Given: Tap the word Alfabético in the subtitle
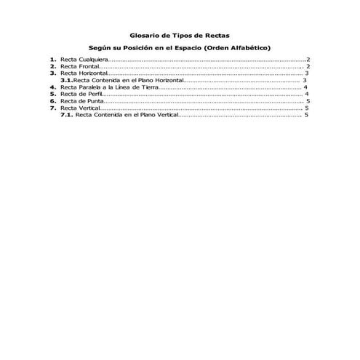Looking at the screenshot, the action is tap(247, 47).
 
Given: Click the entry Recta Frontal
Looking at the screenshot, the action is tap(81, 66).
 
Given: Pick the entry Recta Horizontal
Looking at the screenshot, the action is tap(84, 73).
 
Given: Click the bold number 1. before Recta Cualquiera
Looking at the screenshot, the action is tap(53, 60).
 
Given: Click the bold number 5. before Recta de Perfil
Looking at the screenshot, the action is tap(53, 94).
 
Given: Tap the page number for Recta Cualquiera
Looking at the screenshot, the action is tap(308, 60).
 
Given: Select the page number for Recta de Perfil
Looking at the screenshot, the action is tap(308, 94).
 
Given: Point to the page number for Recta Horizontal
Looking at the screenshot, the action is tap(308, 73).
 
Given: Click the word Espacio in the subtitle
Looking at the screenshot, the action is tap(188, 47).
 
